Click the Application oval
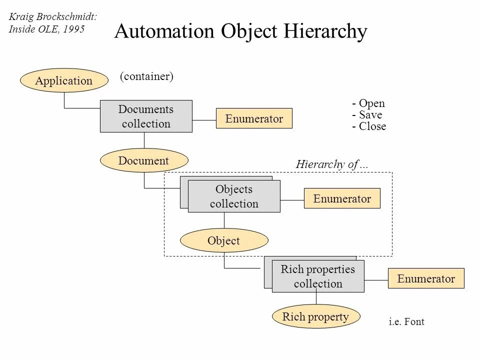pos(64,80)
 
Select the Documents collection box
pos(146,116)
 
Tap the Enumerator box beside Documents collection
pos(254,118)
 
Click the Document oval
pos(144,160)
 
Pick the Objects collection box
pos(234,196)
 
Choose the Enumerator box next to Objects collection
pos(342,198)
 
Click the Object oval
pos(224,240)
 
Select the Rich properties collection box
pos(318,276)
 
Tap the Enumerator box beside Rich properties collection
pos(426,278)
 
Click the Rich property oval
pos(315,316)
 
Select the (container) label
pos(146,76)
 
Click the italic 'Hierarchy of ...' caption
pos(332,164)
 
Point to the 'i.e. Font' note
pos(406,321)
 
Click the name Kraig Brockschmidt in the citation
pos(52,17)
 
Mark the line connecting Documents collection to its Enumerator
pos(204,120)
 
